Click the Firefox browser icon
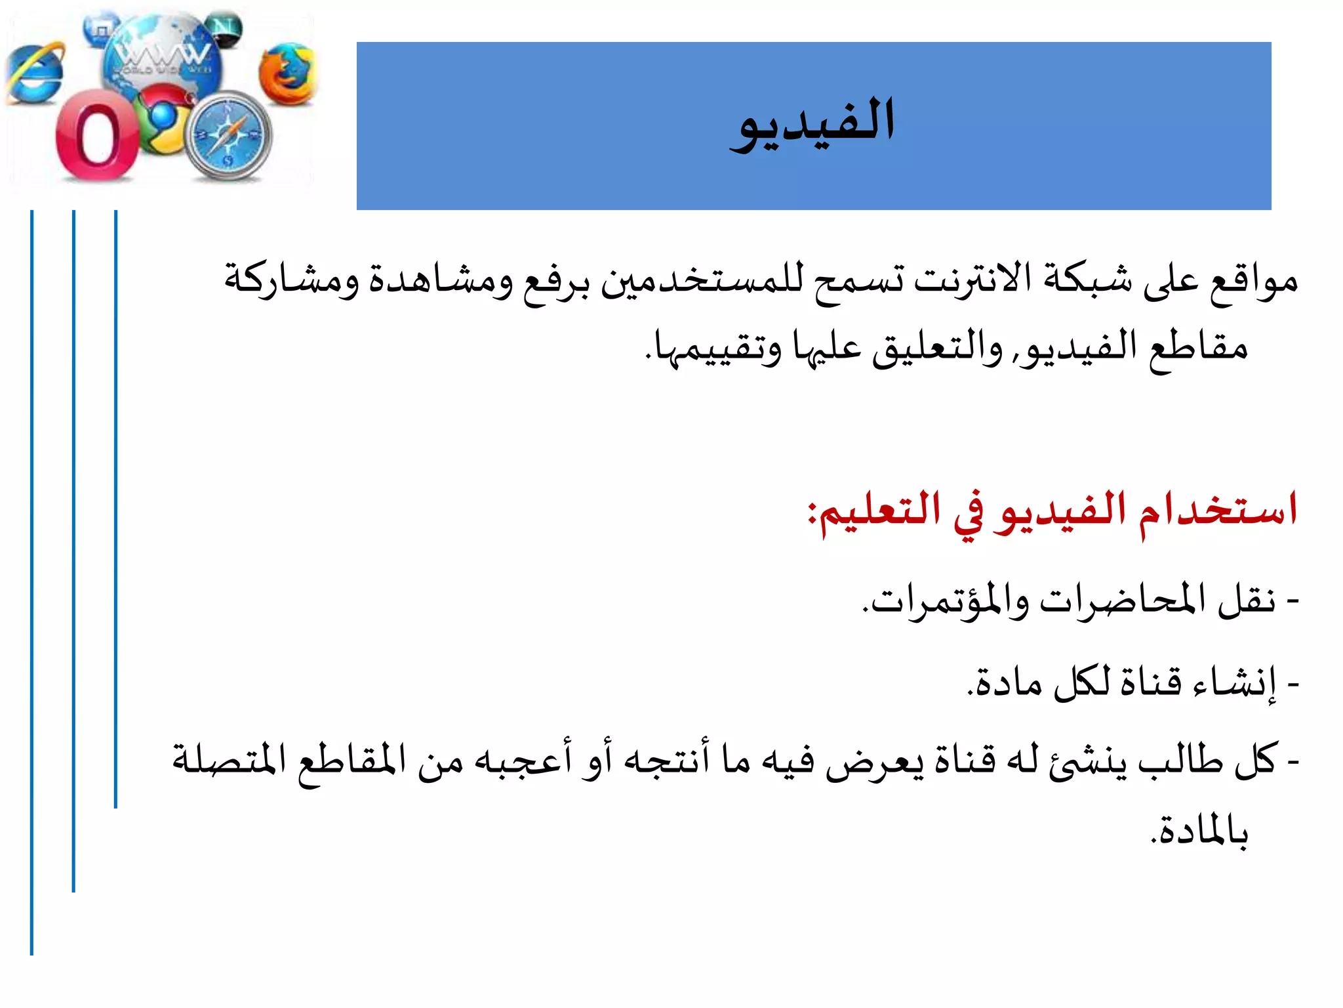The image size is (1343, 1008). pos(287,73)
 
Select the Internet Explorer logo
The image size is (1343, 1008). pos(36,73)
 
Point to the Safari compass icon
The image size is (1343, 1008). pos(229,136)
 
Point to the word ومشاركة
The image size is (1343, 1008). pos(292,279)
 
